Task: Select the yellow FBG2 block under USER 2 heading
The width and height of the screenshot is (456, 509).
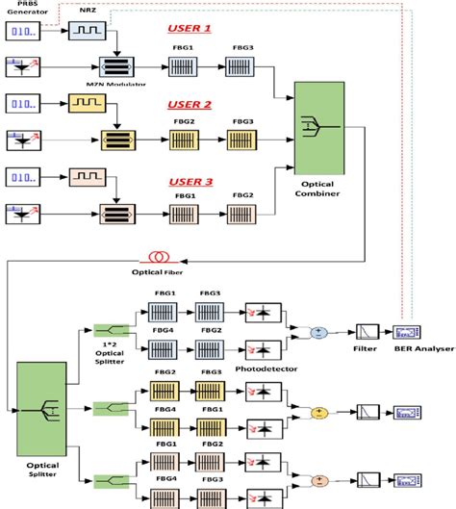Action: pos(182,140)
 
